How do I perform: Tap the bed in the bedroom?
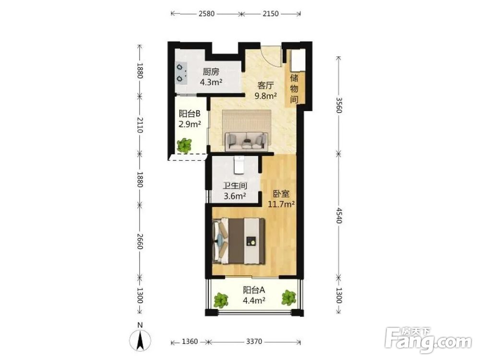coord(239,240)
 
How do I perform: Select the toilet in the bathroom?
coord(239,165)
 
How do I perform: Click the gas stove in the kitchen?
coord(181,73)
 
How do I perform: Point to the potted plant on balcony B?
coord(184,145)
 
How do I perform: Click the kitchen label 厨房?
coord(211,72)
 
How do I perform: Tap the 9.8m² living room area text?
coord(266,96)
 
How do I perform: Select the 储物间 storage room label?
coord(294,88)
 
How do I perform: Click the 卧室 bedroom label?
coord(281,194)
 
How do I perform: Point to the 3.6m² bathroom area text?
coord(235,196)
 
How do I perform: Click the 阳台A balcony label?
coord(254,290)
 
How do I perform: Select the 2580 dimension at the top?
coord(206,13)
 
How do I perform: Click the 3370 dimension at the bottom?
coord(254,341)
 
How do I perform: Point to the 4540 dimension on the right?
coord(338,216)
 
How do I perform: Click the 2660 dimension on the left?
coord(140,241)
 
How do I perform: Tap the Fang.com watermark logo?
coord(428,340)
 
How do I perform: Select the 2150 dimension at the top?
coord(271,13)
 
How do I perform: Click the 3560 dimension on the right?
coord(338,105)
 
